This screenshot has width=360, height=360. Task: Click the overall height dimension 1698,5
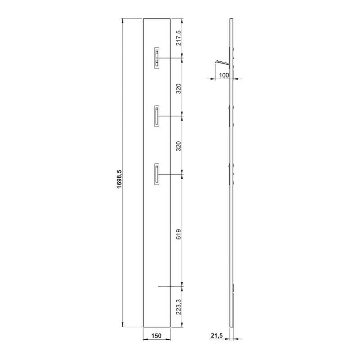pos(120,179)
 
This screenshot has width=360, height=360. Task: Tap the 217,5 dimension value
pos(179,38)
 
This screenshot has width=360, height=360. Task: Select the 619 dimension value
pos(179,234)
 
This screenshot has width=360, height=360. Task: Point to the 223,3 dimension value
pos(179,307)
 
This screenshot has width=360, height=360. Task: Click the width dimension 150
pos(156,336)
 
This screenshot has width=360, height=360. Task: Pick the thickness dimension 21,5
pos(217,335)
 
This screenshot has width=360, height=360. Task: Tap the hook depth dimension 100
pos(224,75)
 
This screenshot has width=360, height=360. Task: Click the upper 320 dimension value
pos(179,89)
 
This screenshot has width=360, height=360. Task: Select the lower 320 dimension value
pos(179,146)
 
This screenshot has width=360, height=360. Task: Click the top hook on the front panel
pos(157,58)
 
